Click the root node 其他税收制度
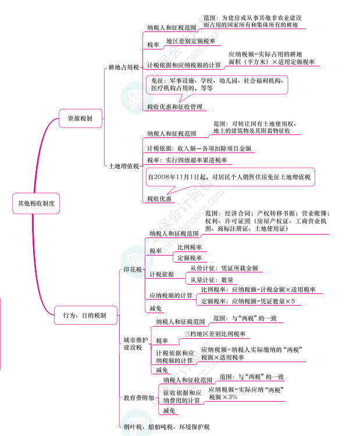coord(36,203)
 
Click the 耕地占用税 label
coord(123,68)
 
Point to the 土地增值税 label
coord(124,166)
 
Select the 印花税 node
coord(133,270)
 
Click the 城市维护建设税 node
coord(136,343)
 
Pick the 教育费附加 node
coord(138,398)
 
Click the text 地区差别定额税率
coord(190,41)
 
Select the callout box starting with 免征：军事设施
coord(216,84)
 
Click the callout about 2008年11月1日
coord(229,177)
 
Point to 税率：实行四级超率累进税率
coord(187,160)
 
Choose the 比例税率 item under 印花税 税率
coord(190,247)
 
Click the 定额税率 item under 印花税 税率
coord(190,258)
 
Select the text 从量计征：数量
coord(212,279)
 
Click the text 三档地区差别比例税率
coord(215,334)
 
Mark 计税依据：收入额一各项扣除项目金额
coord(199,148)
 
